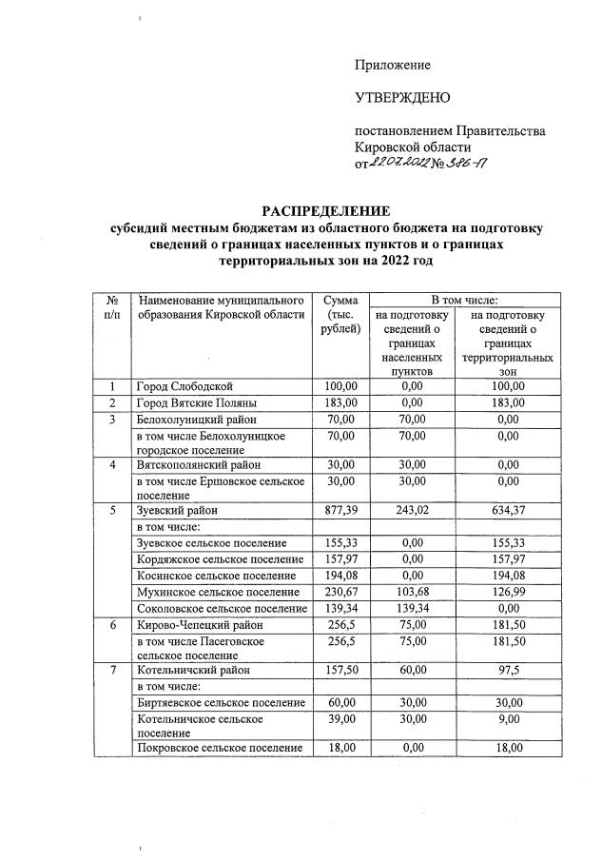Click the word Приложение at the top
click(392, 65)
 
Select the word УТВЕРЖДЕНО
click(402, 98)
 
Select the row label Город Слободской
click(184, 386)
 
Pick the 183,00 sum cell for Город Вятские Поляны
click(340, 402)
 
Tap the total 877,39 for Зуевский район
click(340, 510)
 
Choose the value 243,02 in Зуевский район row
click(411, 510)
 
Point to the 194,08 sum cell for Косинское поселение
click(340, 574)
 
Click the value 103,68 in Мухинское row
click(411, 590)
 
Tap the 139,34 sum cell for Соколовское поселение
click(340, 606)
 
